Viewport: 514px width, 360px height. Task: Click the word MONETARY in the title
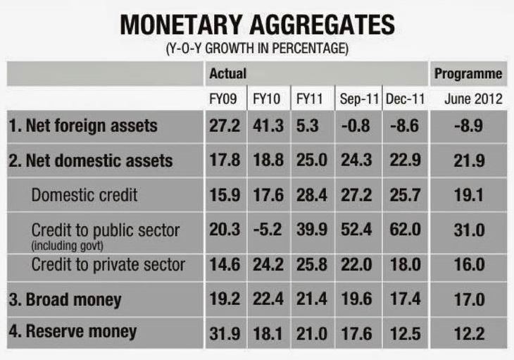tap(184, 26)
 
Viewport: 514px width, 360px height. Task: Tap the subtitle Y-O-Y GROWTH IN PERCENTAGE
tap(257, 50)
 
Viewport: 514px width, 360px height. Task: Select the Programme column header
tap(468, 74)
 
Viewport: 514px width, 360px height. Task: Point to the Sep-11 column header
tap(358, 99)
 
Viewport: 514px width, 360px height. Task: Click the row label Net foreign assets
tap(83, 126)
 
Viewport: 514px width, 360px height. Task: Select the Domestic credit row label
tap(84, 195)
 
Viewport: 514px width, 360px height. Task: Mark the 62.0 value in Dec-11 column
tap(405, 230)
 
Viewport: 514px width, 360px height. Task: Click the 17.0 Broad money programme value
tap(469, 299)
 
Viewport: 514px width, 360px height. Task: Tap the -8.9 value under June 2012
tap(469, 126)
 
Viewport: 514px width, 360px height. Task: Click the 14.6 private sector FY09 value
tap(225, 265)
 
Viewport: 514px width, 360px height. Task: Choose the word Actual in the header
tap(227, 74)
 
